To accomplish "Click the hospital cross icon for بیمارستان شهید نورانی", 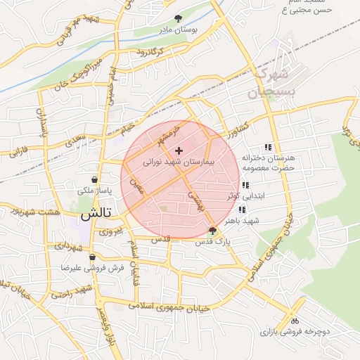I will pyautogui.click(x=179, y=150).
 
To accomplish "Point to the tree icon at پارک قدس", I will pyautogui.click(x=213, y=231).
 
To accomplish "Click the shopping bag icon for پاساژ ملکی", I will pyautogui.click(x=95, y=179).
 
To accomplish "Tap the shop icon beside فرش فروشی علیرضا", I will pyautogui.click(x=92, y=257).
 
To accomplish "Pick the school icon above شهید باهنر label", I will pyautogui.click(x=243, y=210).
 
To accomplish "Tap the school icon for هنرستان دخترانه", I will pyautogui.click(x=267, y=147).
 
